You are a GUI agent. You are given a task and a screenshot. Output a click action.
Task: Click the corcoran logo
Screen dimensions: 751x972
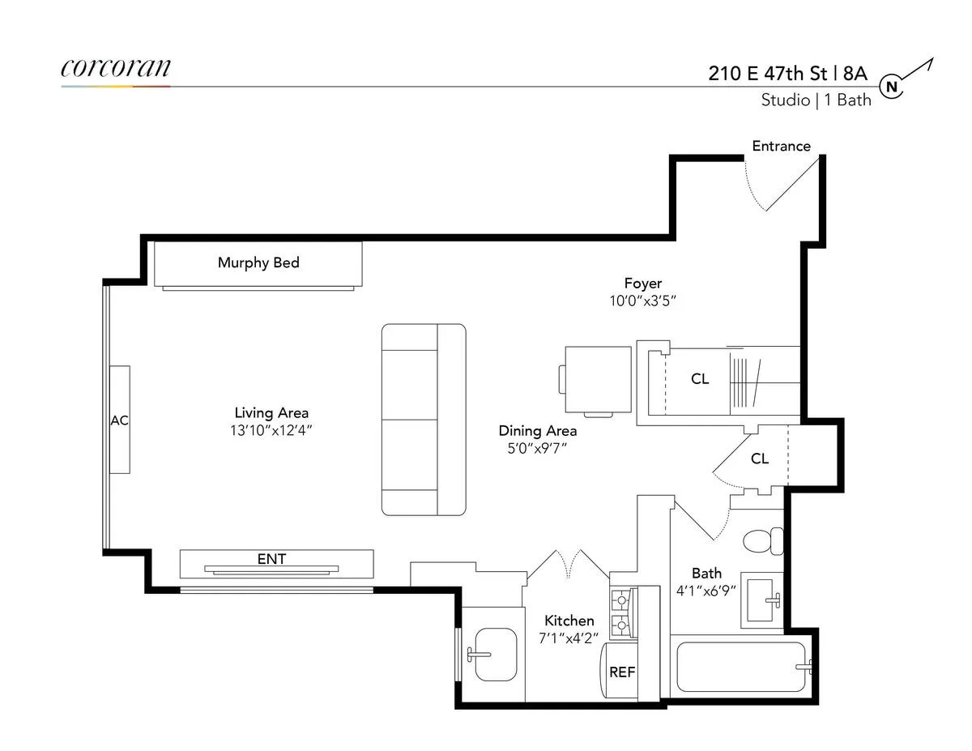[x=116, y=68]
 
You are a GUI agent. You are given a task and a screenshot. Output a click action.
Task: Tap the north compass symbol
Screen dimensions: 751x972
[x=892, y=87]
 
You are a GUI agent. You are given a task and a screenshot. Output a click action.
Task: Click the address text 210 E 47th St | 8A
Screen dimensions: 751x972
[x=788, y=74]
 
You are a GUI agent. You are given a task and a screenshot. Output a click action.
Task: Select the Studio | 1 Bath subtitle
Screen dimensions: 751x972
[x=816, y=100]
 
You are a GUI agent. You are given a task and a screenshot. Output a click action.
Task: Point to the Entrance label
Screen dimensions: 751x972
[x=781, y=147]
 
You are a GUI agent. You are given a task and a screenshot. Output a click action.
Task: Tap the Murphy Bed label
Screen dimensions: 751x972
[x=258, y=262]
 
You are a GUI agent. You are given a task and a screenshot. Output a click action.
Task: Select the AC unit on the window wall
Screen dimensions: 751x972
[x=119, y=420]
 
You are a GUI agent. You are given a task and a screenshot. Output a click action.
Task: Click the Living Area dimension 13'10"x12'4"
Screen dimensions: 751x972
[x=271, y=430]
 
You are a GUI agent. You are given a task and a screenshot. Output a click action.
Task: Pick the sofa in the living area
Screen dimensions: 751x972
[x=424, y=420]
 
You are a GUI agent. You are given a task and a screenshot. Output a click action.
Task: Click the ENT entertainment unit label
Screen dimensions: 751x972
[x=271, y=559]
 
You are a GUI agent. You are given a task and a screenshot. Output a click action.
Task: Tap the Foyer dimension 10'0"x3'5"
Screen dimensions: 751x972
[x=642, y=300]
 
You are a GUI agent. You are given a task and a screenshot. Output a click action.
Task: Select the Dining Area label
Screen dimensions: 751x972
[x=537, y=430]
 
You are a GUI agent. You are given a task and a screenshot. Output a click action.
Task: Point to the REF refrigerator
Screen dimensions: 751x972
[x=621, y=672]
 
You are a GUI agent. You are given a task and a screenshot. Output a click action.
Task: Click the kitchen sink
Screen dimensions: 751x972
[x=493, y=653]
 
